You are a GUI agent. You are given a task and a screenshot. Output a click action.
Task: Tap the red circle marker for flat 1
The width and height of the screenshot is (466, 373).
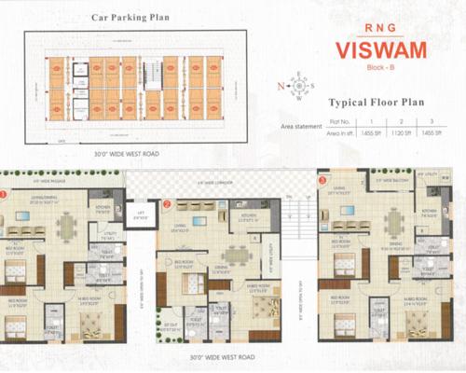[x=4, y=194]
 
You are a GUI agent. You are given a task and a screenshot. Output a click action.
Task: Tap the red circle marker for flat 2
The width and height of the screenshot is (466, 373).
[x=166, y=202]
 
